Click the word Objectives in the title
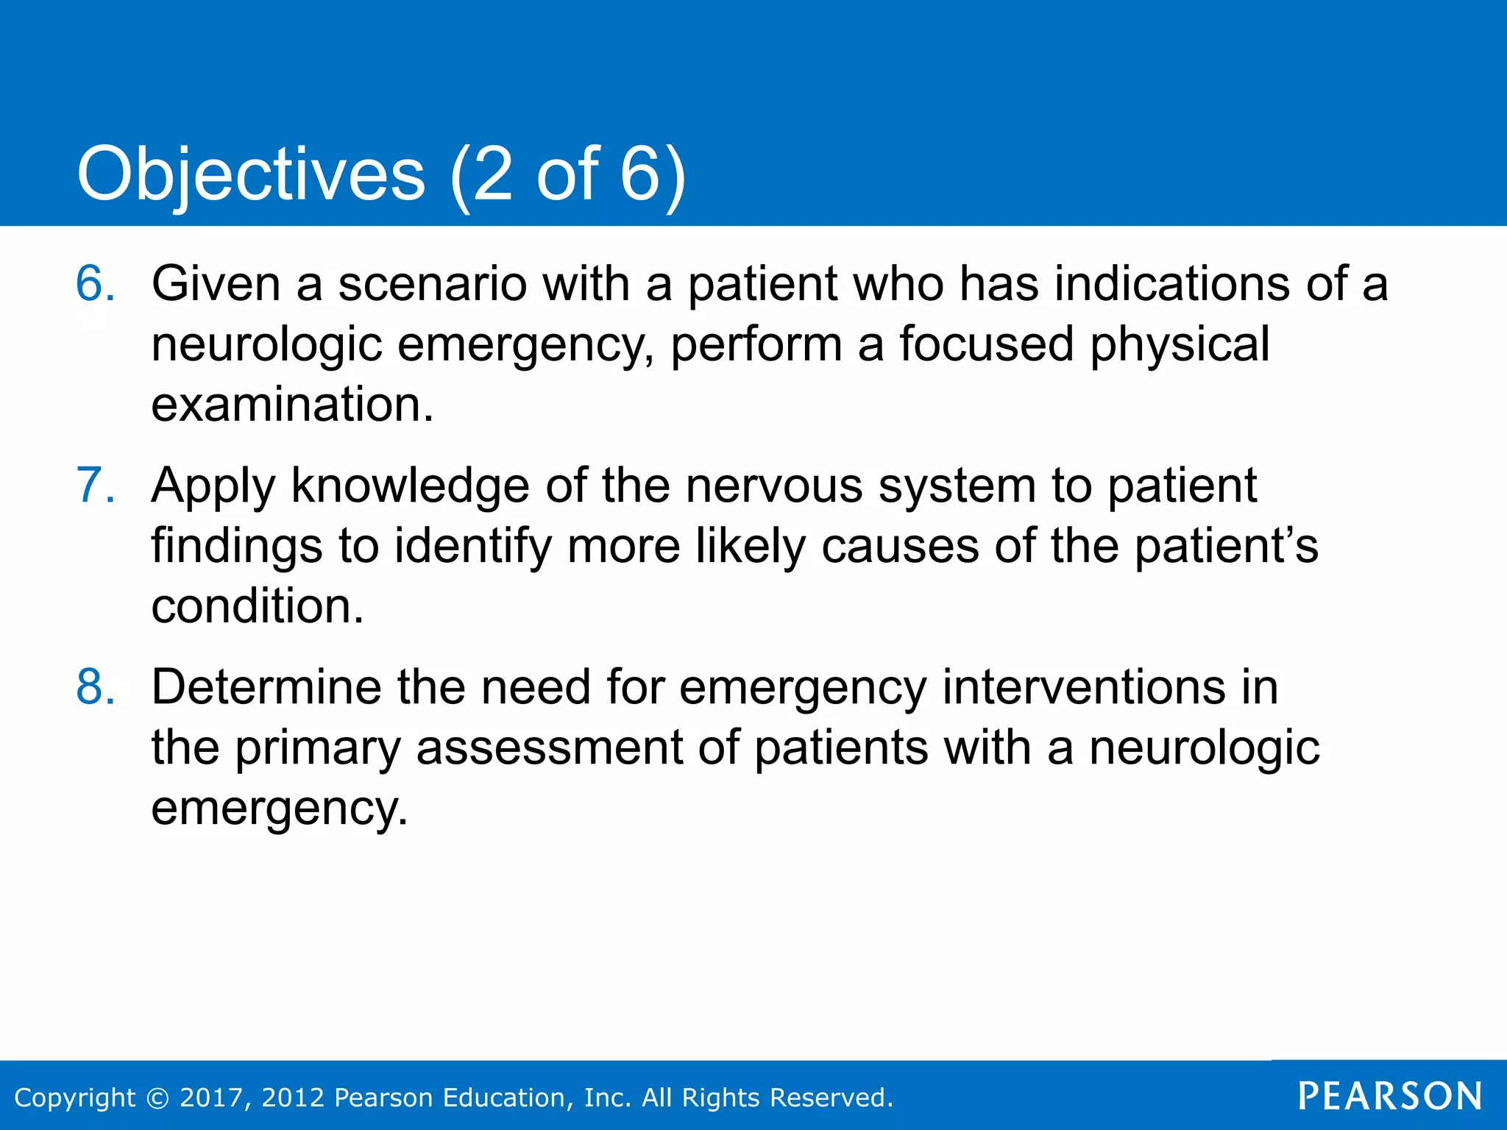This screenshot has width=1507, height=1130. [251, 174]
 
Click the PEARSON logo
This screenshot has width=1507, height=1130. [1390, 1096]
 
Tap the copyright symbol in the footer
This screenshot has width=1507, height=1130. [157, 1098]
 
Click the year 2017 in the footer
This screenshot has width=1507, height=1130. [213, 1098]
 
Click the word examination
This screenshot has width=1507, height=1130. [292, 405]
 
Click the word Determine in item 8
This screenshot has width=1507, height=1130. [266, 687]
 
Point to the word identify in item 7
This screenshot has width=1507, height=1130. [472, 546]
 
